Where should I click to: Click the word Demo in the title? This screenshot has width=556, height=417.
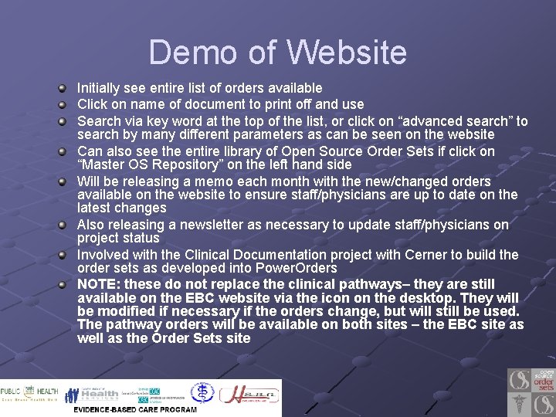click(190, 53)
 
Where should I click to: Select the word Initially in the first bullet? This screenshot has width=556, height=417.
click(101, 88)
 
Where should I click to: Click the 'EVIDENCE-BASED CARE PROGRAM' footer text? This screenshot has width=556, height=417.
click(135, 409)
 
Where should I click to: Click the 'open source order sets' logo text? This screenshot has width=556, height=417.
click(544, 380)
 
